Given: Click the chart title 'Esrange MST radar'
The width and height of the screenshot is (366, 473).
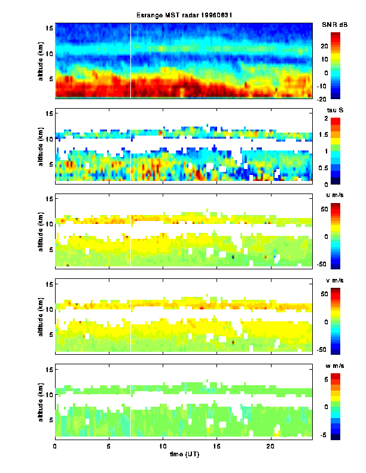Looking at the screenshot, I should click(183, 15).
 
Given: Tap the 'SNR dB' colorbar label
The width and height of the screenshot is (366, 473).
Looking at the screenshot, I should click(334, 24).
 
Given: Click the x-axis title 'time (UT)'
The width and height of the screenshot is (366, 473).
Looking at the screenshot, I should click(183, 454).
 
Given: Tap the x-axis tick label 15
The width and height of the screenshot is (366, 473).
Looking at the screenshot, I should click(216, 446).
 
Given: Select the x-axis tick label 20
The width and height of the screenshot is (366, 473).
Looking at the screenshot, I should click(270, 446).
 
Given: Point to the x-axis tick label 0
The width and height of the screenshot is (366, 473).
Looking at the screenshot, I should click(55, 446).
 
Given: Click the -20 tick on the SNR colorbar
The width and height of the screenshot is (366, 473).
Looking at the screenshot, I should click(338, 99).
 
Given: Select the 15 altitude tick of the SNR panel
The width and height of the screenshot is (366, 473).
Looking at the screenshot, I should click(50, 28).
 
